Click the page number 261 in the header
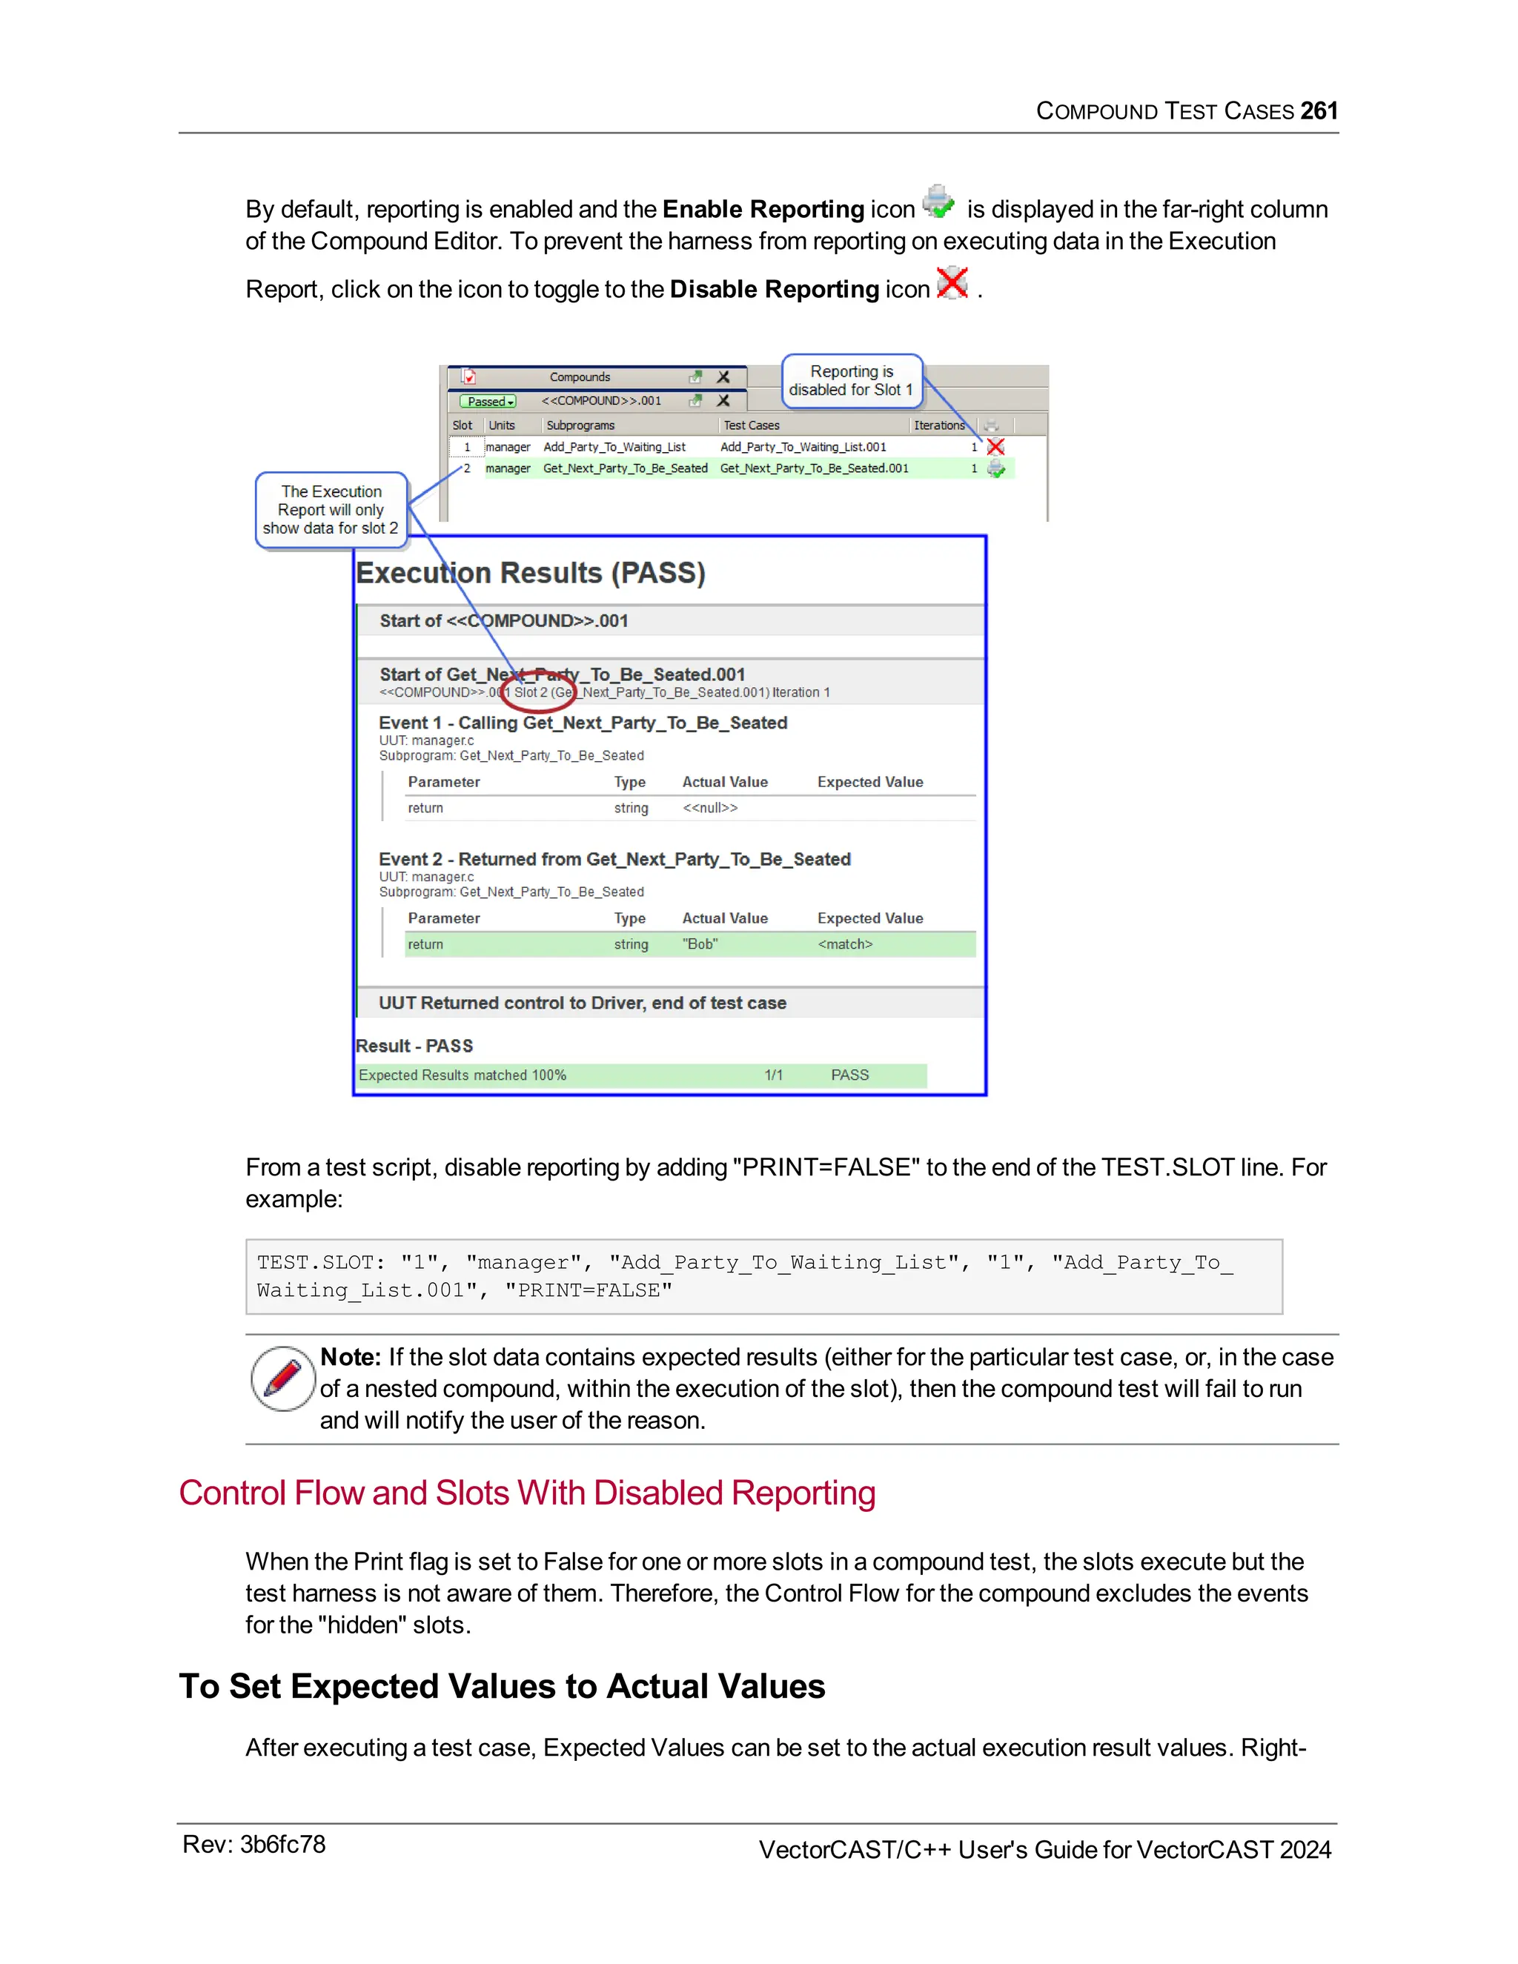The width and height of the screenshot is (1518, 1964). click(x=1319, y=110)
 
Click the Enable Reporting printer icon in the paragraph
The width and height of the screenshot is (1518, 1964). click(x=939, y=202)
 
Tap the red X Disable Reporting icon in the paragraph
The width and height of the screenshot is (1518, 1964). click(x=952, y=282)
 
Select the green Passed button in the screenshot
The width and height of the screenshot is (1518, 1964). click(x=488, y=401)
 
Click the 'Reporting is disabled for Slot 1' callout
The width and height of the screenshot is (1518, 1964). click(x=851, y=380)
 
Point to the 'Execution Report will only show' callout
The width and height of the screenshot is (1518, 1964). click(x=331, y=510)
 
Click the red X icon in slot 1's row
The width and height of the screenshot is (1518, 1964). click(x=995, y=447)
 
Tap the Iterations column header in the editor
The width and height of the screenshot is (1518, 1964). click(x=938, y=425)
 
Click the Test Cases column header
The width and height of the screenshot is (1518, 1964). click(x=751, y=425)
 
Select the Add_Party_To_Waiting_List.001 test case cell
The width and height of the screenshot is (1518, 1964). click(x=802, y=447)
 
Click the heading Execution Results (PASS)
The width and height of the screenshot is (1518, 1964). click(x=531, y=573)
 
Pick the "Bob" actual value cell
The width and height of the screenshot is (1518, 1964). click(x=700, y=944)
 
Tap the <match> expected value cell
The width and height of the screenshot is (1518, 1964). click(x=844, y=944)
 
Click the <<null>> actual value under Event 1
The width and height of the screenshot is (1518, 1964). click(x=709, y=808)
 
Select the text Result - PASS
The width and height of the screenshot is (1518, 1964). click(x=414, y=1046)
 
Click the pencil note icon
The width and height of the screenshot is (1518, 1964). click(x=282, y=1379)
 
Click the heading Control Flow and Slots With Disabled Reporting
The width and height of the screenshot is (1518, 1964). click(x=527, y=1493)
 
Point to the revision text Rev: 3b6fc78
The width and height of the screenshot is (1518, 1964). click(x=253, y=1845)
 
